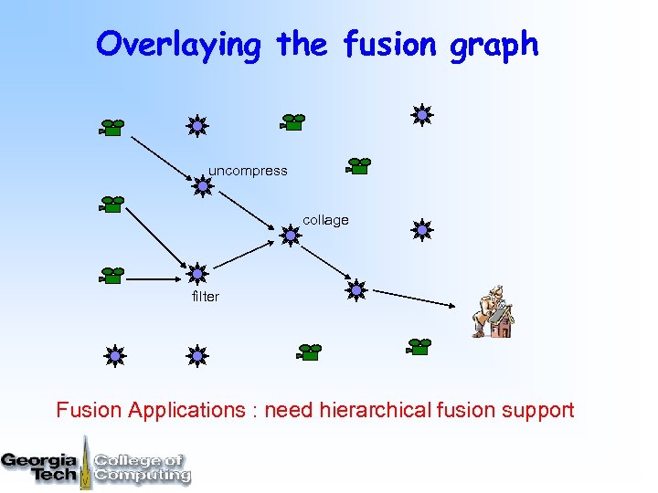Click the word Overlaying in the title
pos(178,44)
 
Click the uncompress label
pos(248,171)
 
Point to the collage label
pos(325,220)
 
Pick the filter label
pos(206,297)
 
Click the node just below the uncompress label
pos(203,187)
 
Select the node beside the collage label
pos(290,236)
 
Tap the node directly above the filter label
pos(196,273)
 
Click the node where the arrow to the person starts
pos(356,290)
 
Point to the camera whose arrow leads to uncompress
pos(111,127)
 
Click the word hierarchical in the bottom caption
pos(375,410)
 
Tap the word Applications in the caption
pos(186,410)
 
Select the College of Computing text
pos(142,467)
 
